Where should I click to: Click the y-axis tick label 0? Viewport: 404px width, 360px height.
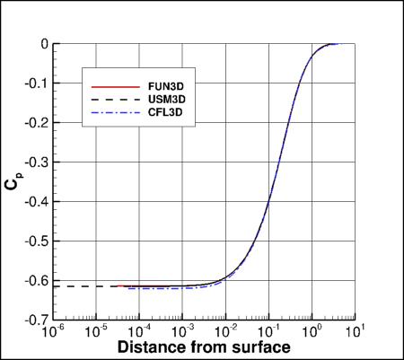[42, 44]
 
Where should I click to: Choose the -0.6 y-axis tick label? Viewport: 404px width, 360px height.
[36, 280]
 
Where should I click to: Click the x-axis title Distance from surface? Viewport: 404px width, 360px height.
[202, 347]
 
